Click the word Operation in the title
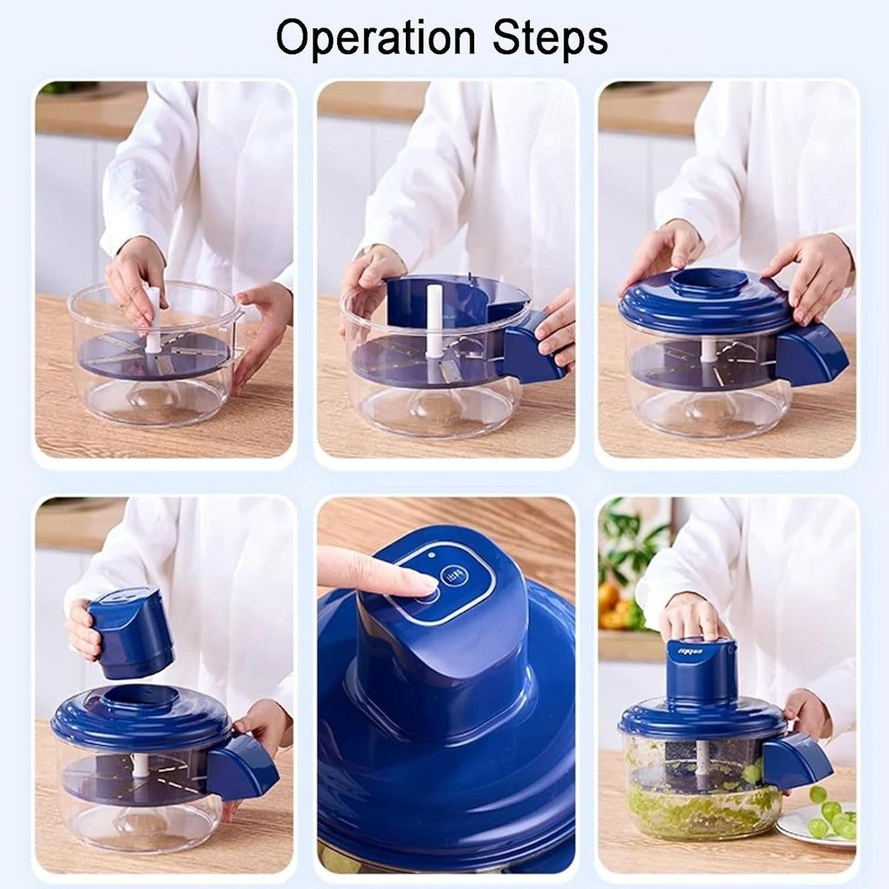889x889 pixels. [x=375, y=39]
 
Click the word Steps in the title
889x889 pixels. [x=547, y=39]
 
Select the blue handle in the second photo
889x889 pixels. [x=532, y=348]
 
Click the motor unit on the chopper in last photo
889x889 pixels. [x=700, y=670]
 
